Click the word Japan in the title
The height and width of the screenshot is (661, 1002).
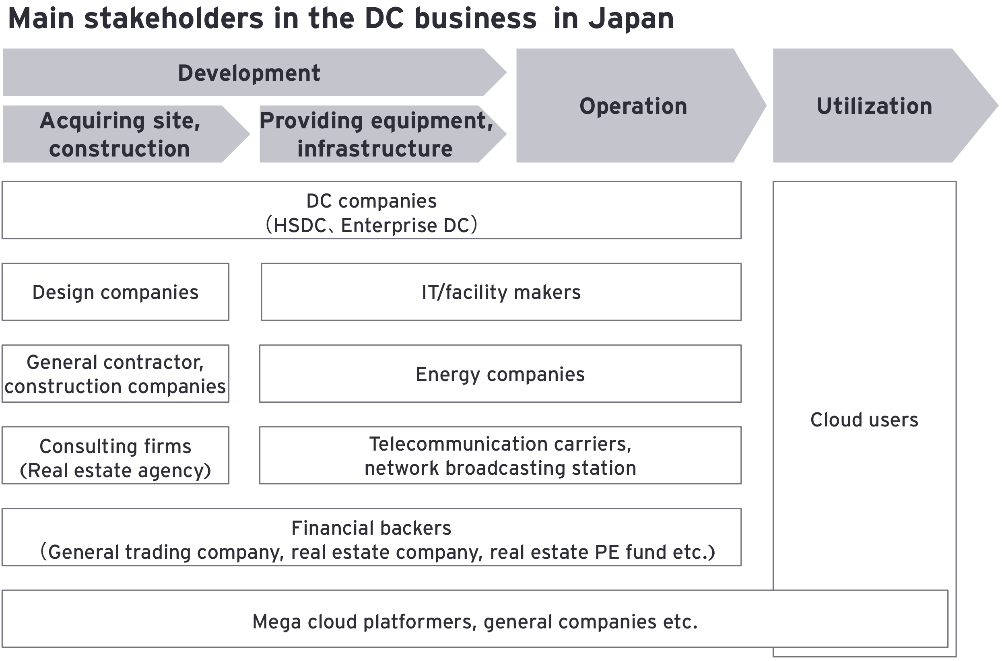pyautogui.click(x=631, y=19)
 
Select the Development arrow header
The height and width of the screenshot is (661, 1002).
pyautogui.click(x=249, y=73)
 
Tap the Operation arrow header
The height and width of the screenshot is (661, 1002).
pyautogui.click(x=633, y=106)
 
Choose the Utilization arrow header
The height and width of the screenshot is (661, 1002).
pyautogui.click(x=874, y=106)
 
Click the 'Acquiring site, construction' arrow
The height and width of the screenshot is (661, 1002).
pyautogui.click(x=120, y=134)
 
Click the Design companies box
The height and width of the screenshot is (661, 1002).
pyautogui.click(x=115, y=292)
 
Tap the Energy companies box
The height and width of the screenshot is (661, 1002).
pyautogui.click(x=500, y=374)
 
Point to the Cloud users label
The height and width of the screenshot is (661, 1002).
pyautogui.click(x=864, y=420)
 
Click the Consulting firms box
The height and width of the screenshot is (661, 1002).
pyautogui.click(x=115, y=455)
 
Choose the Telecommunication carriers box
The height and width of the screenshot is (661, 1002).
pyautogui.click(x=500, y=455)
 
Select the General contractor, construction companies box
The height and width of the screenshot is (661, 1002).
pyautogui.click(x=115, y=374)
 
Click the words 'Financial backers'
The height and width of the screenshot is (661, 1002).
pyautogui.click(x=371, y=528)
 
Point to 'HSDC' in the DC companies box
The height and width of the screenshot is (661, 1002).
pyautogui.click(x=299, y=226)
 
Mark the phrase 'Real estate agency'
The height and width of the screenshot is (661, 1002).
pyautogui.click(x=115, y=470)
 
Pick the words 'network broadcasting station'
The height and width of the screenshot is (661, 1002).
pyautogui.click(x=500, y=468)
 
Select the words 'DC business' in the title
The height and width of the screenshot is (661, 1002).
pyautogui.click(x=450, y=19)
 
